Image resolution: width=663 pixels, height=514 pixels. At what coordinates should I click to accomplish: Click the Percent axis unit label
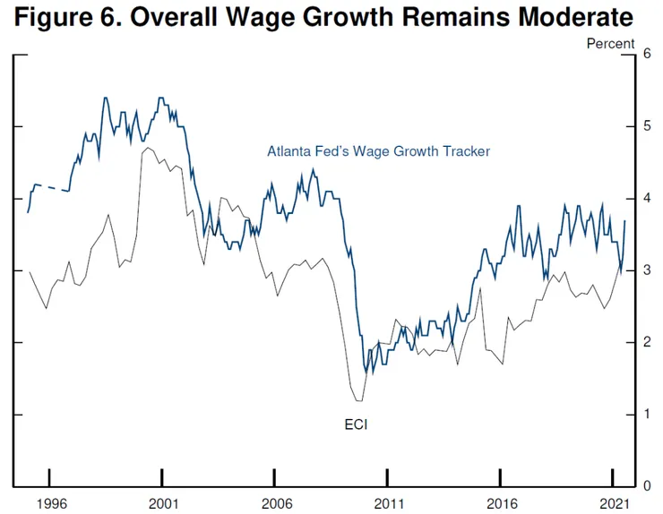coord(611,43)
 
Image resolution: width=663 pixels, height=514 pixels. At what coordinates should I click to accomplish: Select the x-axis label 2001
coord(162,503)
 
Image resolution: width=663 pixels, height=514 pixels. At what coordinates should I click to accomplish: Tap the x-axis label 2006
coord(276,503)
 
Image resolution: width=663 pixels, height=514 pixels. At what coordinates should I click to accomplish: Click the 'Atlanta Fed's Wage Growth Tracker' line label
coord(378,151)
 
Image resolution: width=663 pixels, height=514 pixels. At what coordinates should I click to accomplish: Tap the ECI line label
coord(356,424)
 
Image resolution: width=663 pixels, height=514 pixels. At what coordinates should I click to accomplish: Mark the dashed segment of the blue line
coord(54,188)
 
